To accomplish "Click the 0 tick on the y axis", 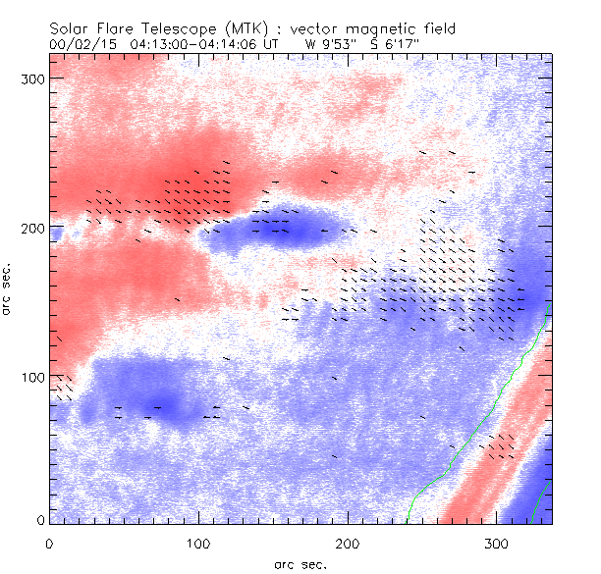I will click(x=40, y=520).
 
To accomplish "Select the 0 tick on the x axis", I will click(x=49, y=542).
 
